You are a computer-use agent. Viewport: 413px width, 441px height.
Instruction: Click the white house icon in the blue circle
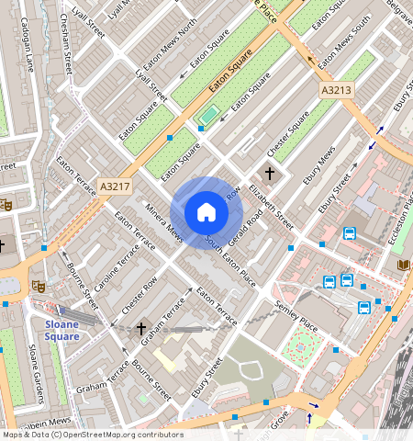206,213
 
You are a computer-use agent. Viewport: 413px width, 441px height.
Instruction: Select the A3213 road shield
336,91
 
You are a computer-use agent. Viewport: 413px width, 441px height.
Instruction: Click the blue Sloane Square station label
62,330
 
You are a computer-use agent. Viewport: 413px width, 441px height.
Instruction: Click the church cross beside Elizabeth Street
270,173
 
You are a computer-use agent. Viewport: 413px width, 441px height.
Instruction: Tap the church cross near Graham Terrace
141,328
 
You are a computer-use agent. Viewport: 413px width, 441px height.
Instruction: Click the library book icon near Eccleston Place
402,265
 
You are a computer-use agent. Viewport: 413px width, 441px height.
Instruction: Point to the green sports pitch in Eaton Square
210,115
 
